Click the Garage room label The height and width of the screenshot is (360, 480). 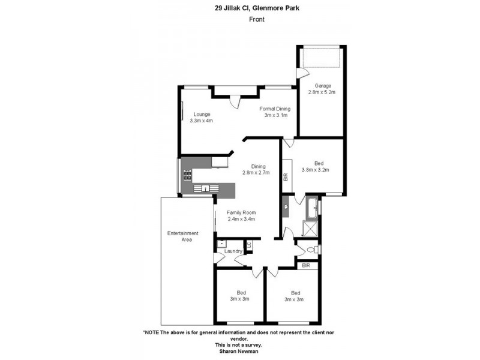pos(322,86)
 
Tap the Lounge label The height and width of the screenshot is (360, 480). pos(201,114)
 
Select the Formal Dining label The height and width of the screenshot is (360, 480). pos(275,109)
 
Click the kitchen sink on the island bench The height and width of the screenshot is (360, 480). pos(205,188)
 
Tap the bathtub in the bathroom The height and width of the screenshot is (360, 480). pos(311,208)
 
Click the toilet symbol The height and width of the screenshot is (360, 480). pos(312,250)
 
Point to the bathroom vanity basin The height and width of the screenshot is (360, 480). pos(286,207)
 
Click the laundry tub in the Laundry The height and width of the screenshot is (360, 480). pos(221,244)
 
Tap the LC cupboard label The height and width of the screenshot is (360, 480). pos(249,245)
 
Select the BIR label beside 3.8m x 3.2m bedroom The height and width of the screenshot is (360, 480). pos(286,177)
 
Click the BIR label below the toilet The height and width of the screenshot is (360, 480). pos(306,265)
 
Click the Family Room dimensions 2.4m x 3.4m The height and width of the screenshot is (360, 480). pos(241,219)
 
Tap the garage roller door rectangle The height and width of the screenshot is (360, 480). pos(322,58)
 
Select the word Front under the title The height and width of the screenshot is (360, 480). pos(257,19)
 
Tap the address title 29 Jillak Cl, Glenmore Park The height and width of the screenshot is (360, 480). pos(257,8)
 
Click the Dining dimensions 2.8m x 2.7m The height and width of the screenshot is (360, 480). pos(256,173)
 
